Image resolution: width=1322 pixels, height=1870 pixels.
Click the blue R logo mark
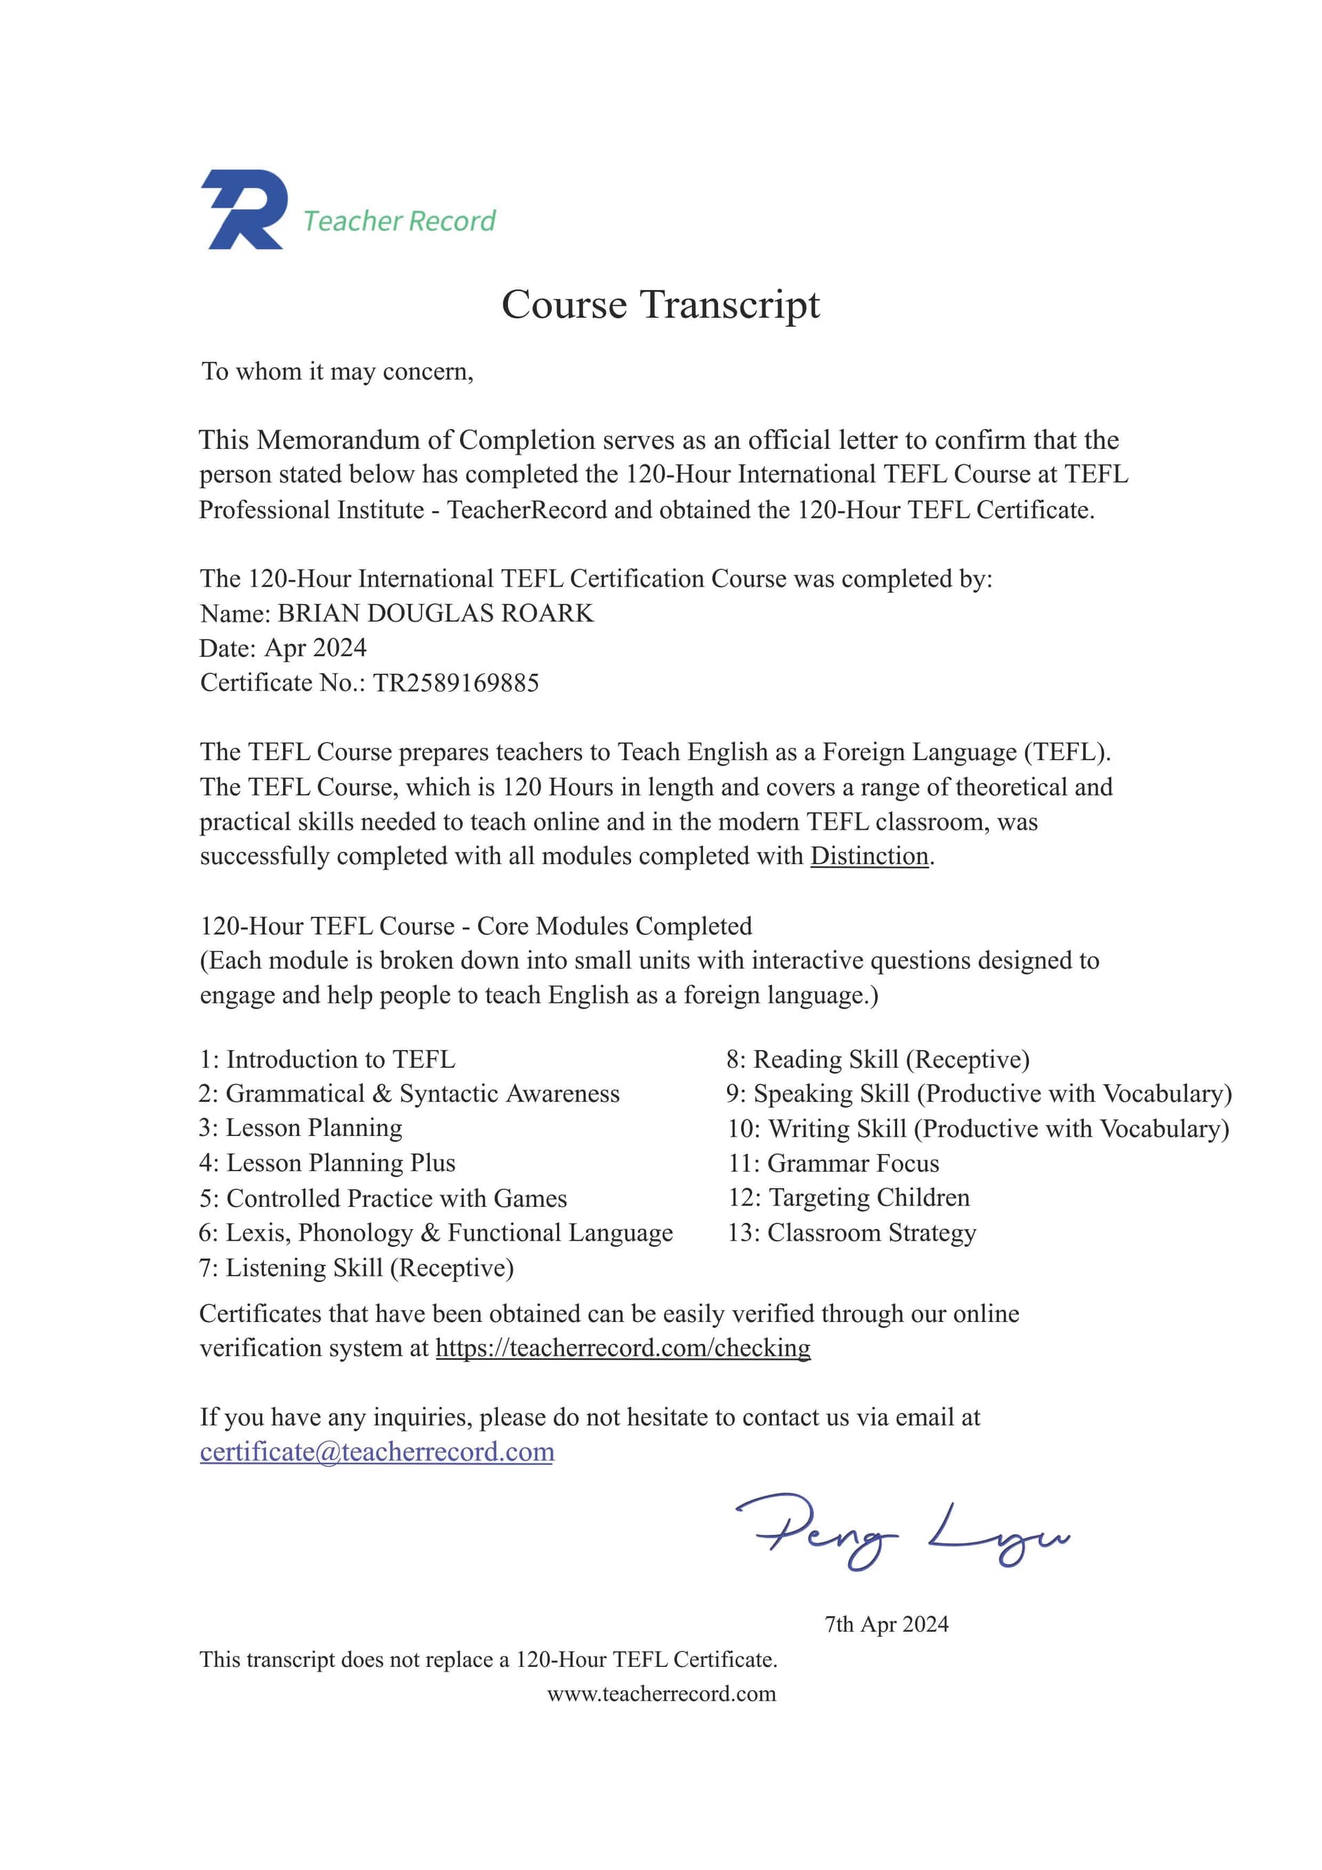pos(244,209)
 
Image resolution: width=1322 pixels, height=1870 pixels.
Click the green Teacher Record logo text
pos(399,221)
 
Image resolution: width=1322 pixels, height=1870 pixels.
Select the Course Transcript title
pos(660,304)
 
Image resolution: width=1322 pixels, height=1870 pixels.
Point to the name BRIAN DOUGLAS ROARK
pos(436,613)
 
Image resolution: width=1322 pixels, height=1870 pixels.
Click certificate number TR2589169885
pos(456,682)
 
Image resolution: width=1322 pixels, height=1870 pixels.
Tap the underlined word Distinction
pos(869,856)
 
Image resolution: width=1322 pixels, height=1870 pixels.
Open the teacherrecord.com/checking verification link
pos(623,1348)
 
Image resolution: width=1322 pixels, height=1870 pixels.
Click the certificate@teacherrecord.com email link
pos(377,1452)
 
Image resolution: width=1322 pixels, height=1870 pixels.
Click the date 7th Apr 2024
pos(886,1624)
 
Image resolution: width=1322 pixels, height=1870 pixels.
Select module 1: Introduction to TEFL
pos(328,1060)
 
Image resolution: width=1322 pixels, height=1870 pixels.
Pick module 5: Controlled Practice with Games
pos(383,1199)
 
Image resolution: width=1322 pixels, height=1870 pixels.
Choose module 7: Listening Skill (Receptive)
pos(357,1268)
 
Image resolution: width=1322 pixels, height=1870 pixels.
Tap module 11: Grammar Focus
pos(833,1164)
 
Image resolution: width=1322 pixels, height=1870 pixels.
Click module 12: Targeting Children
pos(849,1198)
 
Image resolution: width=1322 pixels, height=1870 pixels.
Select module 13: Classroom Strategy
pos(852,1233)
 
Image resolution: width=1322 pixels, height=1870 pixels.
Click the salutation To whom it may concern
pos(337,372)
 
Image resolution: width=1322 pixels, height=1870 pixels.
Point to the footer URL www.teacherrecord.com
pos(662,1694)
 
